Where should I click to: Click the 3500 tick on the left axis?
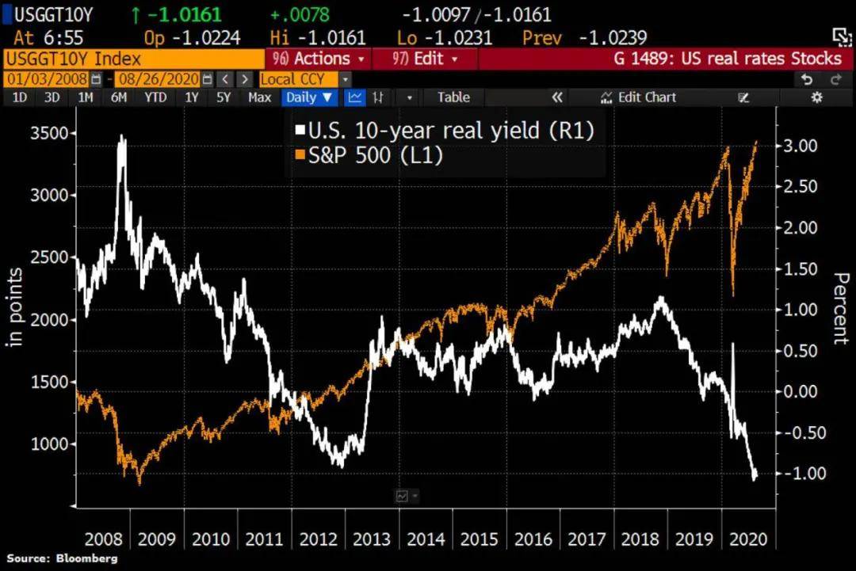tap(49, 133)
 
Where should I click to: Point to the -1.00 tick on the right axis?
tap(801, 473)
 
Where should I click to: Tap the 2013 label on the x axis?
tap(372, 539)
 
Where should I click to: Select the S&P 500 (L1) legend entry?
tap(369, 155)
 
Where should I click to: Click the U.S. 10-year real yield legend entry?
tap(445, 131)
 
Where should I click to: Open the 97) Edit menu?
tap(425, 59)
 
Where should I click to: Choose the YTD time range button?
tap(155, 97)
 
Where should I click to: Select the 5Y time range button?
tap(224, 97)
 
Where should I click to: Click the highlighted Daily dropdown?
tap(309, 97)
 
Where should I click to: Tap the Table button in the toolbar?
tap(453, 97)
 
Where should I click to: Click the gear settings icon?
tap(816, 97)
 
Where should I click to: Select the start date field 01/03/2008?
tap(47, 79)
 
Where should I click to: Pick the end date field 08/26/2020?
tap(159, 79)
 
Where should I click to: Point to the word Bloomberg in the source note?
tap(87, 558)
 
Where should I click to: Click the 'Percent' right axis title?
tap(841, 309)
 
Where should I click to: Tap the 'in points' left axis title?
tap(15, 307)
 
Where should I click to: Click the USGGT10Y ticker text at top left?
tap(54, 15)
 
